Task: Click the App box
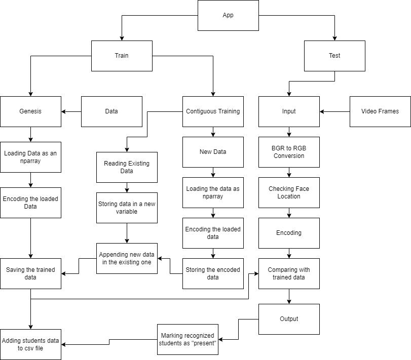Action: [228, 15]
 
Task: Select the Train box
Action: [122, 56]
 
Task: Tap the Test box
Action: [334, 56]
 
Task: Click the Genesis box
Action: [30, 111]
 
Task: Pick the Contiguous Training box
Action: [213, 111]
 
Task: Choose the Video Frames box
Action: [380, 111]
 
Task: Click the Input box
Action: [289, 111]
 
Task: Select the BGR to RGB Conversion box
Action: [289, 152]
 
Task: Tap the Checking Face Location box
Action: [289, 192]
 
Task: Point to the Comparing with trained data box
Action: [289, 273]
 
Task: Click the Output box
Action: [289, 319]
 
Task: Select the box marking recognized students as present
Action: [188, 339]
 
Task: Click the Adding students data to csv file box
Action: [30, 344]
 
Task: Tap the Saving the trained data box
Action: [30, 273]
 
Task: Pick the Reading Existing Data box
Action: [127, 167]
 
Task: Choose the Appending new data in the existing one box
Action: [127, 258]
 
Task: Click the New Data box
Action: [213, 152]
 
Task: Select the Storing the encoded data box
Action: [213, 273]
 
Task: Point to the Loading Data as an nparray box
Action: [30, 157]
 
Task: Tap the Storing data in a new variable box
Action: [127, 208]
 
